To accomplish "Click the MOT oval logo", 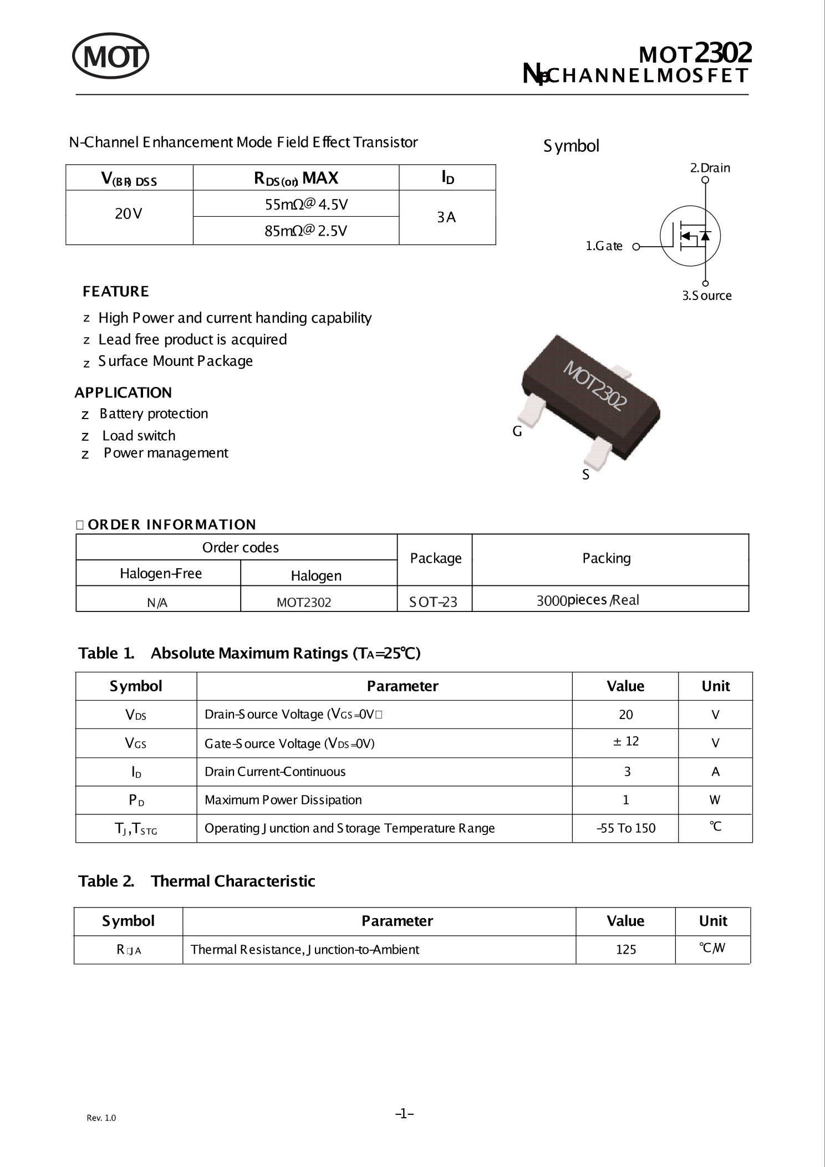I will pyautogui.click(x=111, y=56).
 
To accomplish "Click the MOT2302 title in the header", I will pyautogui.click(x=695, y=54).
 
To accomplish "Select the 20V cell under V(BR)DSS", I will pyautogui.click(x=129, y=214).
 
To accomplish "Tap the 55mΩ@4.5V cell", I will pyautogui.click(x=306, y=205).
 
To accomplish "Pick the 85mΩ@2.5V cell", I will pyautogui.click(x=305, y=231).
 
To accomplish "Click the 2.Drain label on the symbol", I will pyautogui.click(x=710, y=168).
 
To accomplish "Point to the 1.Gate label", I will pyautogui.click(x=604, y=246).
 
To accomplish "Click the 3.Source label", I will pyautogui.click(x=706, y=296).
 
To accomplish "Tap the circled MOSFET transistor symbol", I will pyautogui.click(x=690, y=236).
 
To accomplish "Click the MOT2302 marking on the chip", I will pyautogui.click(x=595, y=386).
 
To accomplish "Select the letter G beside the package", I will pyautogui.click(x=517, y=431).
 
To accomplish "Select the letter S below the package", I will pyautogui.click(x=585, y=475).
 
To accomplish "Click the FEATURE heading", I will pyautogui.click(x=115, y=292).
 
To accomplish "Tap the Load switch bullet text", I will pyautogui.click(x=139, y=436).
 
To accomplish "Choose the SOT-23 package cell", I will pyautogui.click(x=433, y=602).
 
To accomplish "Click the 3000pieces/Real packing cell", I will pyautogui.click(x=587, y=600).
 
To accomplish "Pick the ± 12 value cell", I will pyautogui.click(x=625, y=741).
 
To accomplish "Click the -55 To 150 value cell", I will pyautogui.click(x=625, y=828).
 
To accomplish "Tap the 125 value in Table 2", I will pyautogui.click(x=625, y=950).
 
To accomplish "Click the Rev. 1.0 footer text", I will pyautogui.click(x=101, y=1118).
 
